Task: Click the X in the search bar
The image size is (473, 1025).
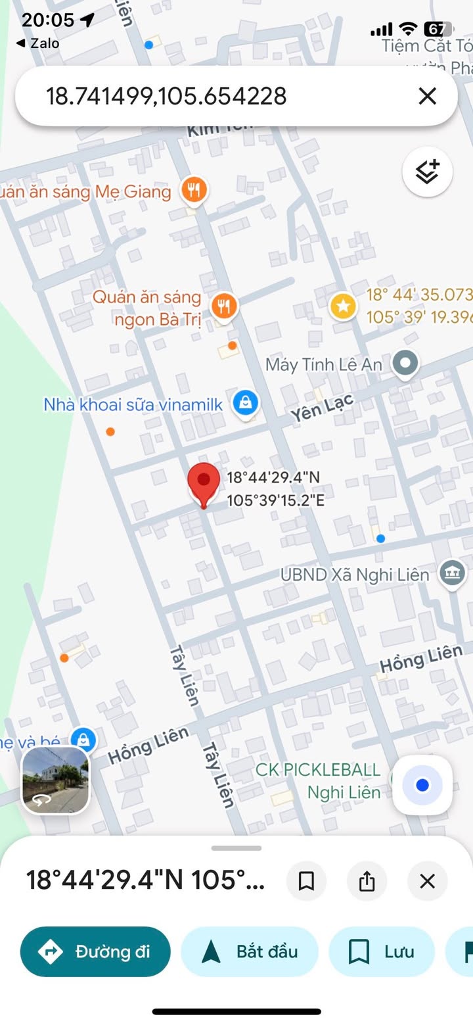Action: point(427,97)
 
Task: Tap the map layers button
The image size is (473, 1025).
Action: point(427,172)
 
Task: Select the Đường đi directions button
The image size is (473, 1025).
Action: point(95,951)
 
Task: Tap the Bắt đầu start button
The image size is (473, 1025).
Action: point(250,951)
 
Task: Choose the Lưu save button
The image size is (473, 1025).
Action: point(382,951)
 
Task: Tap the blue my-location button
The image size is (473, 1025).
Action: point(422,785)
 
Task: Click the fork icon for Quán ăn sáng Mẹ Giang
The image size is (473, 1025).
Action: point(193,191)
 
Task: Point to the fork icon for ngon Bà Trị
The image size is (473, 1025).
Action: point(224,306)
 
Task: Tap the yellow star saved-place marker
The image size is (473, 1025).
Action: point(342,306)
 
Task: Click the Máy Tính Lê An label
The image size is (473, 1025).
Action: point(323,365)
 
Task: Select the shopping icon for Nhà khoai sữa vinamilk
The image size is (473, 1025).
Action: point(245,402)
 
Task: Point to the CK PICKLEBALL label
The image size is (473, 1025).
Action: point(318,770)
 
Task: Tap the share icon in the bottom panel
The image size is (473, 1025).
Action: point(367,881)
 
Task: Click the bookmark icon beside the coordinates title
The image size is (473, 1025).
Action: point(306,881)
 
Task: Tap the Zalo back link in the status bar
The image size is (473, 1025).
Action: point(38,43)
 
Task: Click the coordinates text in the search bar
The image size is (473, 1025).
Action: point(166,97)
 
